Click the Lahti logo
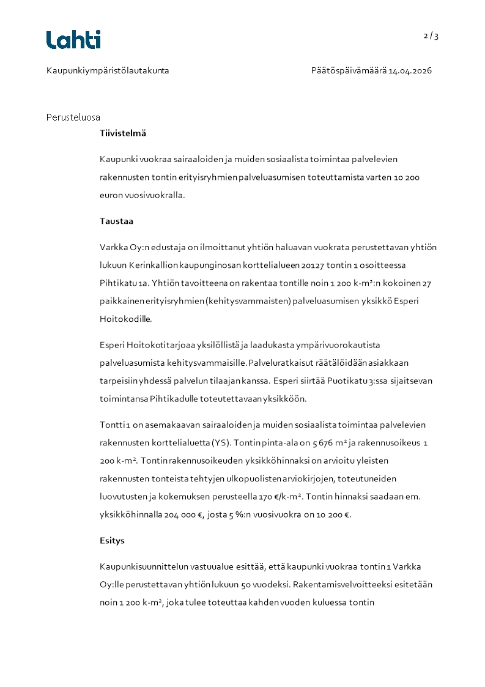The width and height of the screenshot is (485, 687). (73, 40)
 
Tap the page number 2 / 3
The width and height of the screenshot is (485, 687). (431, 35)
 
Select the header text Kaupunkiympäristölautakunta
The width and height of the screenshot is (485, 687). (108, 71)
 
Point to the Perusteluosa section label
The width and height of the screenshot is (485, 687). (73, 117)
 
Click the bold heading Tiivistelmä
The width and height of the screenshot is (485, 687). (123, 133)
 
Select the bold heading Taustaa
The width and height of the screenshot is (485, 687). (117, 221)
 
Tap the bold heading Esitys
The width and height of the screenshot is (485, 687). (113, 541)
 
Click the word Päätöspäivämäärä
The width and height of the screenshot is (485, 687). (349, 71)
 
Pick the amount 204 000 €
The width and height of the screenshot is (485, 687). (183, 514)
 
